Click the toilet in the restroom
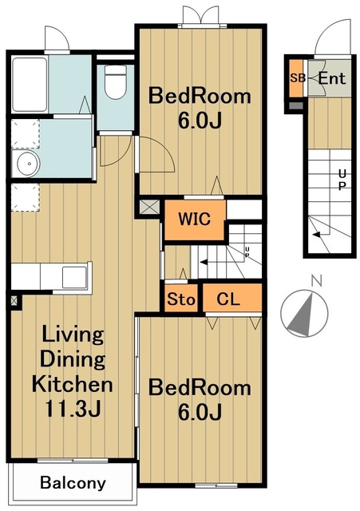[116, 81]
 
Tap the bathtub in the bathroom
[30, 85]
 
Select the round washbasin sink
[29, 164]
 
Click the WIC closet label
[195, 219]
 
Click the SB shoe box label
[298, 78]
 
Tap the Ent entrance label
[331, 78]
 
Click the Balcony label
[73, 482]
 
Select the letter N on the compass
[317, 281]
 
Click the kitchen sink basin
[74, 277]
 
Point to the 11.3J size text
[73, 408]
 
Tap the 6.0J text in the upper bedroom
[200, 121]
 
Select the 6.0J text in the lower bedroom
[200, 411]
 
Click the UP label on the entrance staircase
[342, 180]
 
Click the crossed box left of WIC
[149, 208]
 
